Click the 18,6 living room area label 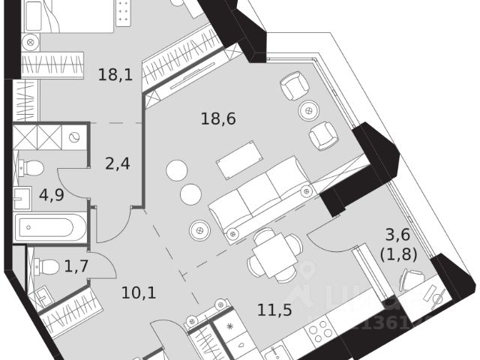coord(218,118)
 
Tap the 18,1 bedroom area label coord(116,74)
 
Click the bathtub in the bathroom coord(50,226)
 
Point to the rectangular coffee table coord(239,159)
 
